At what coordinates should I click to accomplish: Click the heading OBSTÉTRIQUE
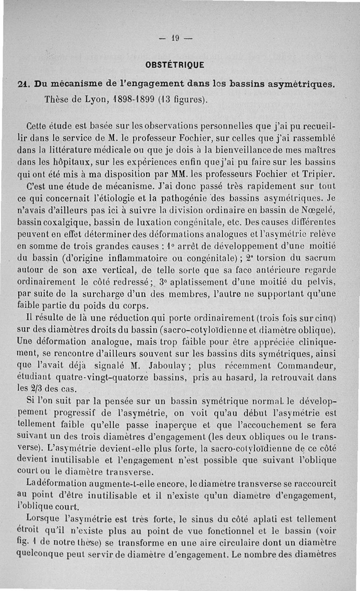[x=175, y=65]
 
